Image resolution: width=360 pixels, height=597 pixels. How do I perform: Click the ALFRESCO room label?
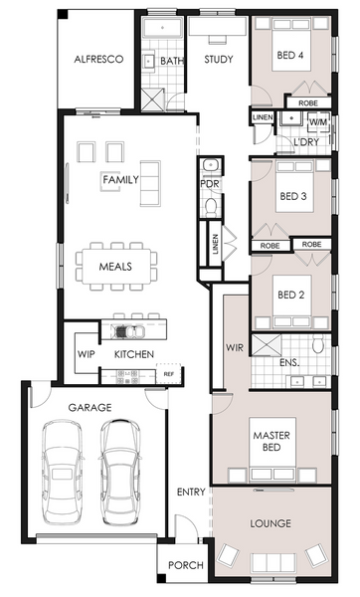point(98,59)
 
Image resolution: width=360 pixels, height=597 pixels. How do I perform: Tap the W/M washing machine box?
point(318,122)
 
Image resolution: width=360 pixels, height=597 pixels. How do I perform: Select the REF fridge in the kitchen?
point(169,374)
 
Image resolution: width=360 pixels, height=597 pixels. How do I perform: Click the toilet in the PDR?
point(211,208)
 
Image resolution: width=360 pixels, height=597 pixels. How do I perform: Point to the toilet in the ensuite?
point(317,344)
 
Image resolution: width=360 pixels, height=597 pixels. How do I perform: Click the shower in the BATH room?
point(152,99)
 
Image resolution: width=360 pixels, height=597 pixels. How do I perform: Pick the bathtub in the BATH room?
point(162,28)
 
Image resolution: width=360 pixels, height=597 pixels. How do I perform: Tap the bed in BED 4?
point(291,44)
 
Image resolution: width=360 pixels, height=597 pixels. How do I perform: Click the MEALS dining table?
point(116,266)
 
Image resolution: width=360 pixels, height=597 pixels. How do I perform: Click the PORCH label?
point(186,565)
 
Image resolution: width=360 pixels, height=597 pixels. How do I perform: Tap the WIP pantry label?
point(86,354)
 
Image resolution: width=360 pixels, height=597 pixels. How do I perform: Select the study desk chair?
point(218,39)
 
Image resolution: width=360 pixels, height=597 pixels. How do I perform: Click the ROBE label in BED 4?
point(308,103)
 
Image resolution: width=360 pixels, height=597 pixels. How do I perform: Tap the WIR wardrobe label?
point(235,347)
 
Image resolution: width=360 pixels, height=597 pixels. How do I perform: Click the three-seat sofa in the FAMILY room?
point(150,183)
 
